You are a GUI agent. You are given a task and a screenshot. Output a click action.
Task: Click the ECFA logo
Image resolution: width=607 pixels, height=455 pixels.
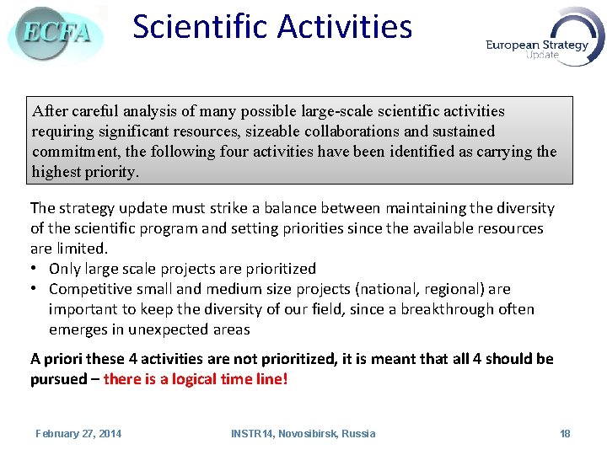pos(56,33)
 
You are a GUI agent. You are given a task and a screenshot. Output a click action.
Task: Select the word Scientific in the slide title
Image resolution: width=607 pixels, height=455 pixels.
pos(200,27)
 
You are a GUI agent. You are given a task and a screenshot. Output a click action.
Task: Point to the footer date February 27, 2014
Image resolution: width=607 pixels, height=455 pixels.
pos(78,433)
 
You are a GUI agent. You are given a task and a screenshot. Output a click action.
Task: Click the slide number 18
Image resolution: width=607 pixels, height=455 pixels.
pos(565,433)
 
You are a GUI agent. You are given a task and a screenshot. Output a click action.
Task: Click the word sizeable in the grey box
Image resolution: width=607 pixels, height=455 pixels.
pos(271,131)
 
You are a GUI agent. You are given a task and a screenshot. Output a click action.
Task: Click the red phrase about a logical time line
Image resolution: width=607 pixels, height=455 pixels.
pos(196,379)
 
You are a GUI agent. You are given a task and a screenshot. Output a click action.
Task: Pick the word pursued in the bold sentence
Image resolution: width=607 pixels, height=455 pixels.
pos(58,379)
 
